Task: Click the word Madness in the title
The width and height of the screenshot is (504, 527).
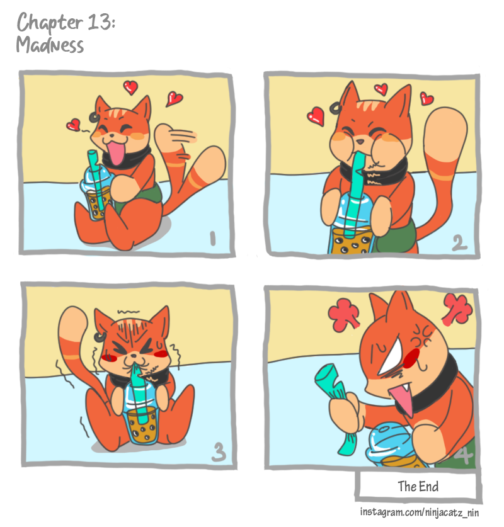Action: pos(50,45)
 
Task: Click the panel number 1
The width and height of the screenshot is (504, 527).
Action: pos(212,238)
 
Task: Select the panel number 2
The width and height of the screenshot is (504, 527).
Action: pos(459,242)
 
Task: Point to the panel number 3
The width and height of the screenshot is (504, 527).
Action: pos(219,452)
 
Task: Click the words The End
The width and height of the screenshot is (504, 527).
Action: pos(418,486)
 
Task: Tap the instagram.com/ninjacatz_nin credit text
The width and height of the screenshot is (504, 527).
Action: pos(420,512)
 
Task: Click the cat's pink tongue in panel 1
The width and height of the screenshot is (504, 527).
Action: pos(115,153)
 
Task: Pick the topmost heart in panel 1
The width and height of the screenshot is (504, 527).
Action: pos(130,87)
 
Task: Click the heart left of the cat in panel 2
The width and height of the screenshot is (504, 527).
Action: pos(316,116)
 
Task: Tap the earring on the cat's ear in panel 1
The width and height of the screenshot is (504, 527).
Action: pos(93,116)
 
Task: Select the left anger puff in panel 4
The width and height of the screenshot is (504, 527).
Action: pos(343,314)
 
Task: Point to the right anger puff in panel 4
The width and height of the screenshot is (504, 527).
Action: pos(457,309)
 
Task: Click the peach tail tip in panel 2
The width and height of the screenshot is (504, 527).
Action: pos(445,132)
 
